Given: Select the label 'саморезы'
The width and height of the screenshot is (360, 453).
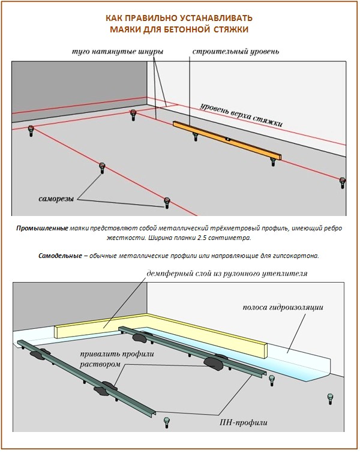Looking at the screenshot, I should coord(53,199).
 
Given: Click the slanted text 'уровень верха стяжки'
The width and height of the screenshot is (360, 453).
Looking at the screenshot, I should coord(240,112).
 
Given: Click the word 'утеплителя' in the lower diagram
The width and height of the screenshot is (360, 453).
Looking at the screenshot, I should coord(281,274).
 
